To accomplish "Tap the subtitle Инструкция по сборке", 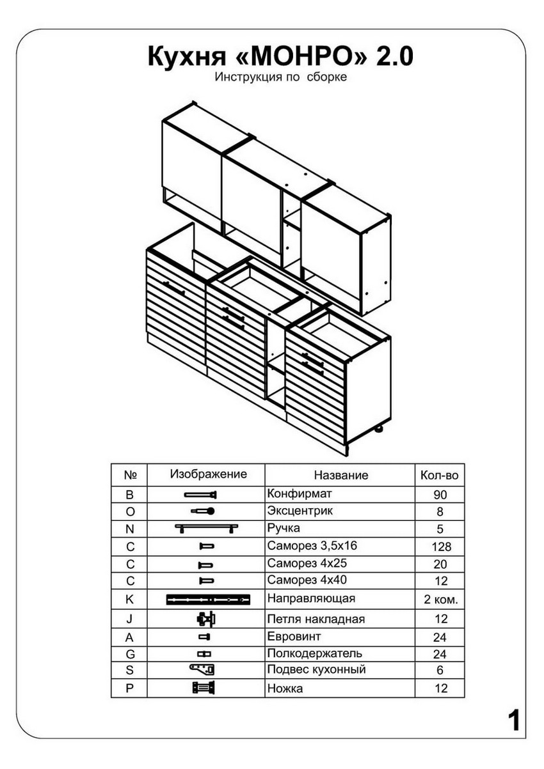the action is [x=280, y=77].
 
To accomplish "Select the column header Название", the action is [x=341, y=475].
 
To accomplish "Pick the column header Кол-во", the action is [x=440, y=476].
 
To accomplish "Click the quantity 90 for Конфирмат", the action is [x=440, y=495].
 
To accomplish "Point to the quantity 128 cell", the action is [x=441, y=547].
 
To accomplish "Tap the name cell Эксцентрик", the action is [x=300, y=511].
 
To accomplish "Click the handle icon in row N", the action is [x=207, y=528].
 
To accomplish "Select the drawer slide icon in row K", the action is [x=208, y=600].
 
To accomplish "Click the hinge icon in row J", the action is [x=206, y=619].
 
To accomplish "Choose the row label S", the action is [x=129, y=670].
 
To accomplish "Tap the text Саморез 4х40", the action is [x=307, y=580].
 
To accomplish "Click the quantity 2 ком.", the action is [x=441, y=600].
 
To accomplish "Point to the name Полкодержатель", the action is [x=314, y=653].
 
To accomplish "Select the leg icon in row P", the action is [x=204, y=688].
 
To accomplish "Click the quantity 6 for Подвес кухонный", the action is [x=440, y=670].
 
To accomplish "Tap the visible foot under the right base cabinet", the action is [x=378, y=428].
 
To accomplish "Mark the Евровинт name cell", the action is [x=294, y=636].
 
